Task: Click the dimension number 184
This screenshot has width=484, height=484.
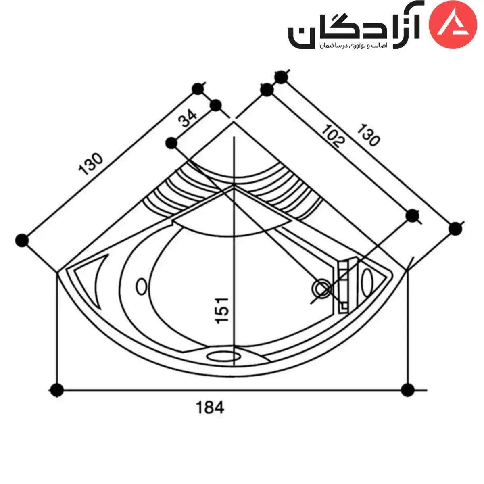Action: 210,408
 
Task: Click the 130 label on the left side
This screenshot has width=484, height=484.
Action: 91,164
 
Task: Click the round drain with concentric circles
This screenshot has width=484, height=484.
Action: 322,288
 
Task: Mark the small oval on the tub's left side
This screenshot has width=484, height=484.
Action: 141,286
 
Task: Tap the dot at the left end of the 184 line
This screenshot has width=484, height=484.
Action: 57,390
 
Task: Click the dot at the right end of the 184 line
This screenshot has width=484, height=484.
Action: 408,390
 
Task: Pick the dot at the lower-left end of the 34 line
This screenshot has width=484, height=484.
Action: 172,142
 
